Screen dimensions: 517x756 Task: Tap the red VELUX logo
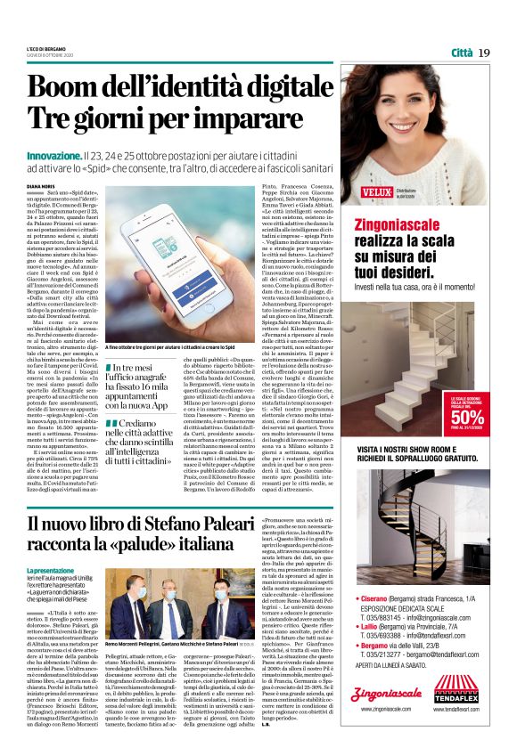tap(375, 191)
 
